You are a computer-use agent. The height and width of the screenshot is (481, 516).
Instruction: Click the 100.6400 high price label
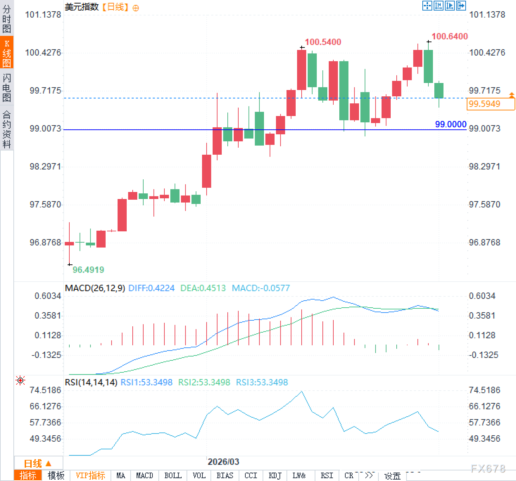click(x=449, y=37)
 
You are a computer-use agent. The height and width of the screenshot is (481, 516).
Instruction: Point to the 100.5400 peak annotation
click(x=323, y=42)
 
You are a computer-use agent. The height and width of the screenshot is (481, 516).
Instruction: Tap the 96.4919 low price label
click(x=88, y=270)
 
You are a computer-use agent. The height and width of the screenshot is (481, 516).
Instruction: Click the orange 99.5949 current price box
click(x=490, y=104)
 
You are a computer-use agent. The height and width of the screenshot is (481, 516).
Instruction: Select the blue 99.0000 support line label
click(x=451, y=124)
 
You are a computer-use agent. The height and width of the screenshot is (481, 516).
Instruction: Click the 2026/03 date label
click(x=223, y=462)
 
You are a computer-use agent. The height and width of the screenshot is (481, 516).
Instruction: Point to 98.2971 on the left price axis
click(x=45, y=167)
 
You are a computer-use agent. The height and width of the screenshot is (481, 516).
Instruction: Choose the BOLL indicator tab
click(x=173, y=476)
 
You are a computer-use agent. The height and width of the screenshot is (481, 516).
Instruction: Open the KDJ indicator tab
click(x=275, y=476)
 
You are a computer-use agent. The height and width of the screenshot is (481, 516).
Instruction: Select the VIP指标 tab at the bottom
click(x=90, y=476)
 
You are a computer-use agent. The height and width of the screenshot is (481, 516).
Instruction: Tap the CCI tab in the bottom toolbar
click(x=251, y=476)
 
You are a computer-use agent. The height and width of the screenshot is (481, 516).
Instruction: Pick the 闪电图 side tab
click(x=7, y=88)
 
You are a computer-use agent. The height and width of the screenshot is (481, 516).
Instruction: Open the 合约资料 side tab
click(x=7, y=129)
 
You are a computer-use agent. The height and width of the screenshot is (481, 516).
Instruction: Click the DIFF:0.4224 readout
click(x=151, y=288)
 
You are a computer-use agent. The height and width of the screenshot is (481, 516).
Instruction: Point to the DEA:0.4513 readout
click(x=203, y=288)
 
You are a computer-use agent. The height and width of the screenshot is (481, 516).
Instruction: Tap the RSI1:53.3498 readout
click(x=146, y=383)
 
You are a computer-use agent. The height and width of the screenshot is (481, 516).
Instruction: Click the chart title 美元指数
click(x=82, y=7)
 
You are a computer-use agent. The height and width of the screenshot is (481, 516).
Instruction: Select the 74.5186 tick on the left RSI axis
click(x=45, y=390)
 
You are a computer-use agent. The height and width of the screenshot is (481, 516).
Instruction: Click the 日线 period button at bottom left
click(x=37, y=463)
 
